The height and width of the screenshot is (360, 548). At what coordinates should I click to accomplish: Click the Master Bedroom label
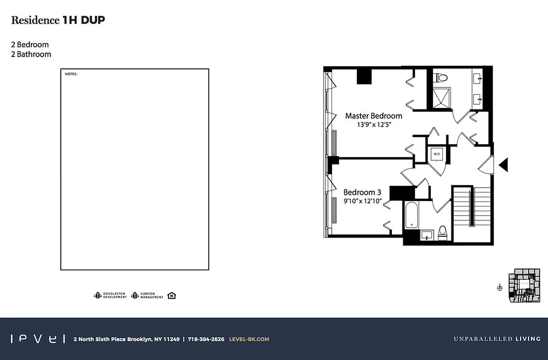373,116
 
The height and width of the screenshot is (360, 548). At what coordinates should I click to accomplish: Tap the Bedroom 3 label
362,192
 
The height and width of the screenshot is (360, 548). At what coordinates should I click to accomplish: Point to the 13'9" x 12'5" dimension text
373,125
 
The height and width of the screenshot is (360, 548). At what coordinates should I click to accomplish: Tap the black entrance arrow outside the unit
503,165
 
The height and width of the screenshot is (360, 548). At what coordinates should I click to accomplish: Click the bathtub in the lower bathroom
412,216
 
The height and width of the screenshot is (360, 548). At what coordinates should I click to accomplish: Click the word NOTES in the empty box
71,73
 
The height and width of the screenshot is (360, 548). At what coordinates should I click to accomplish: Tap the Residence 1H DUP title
58,20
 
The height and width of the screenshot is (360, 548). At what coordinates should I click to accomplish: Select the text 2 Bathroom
31,54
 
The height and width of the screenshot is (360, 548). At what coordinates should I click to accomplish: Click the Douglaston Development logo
110,296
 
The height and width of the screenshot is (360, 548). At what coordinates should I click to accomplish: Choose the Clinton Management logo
147,296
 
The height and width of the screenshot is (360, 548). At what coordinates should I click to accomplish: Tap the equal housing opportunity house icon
171,295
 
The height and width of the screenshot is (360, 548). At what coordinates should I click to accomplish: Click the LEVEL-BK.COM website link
249,339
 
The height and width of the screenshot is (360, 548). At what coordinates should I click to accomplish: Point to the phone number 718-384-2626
206,339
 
